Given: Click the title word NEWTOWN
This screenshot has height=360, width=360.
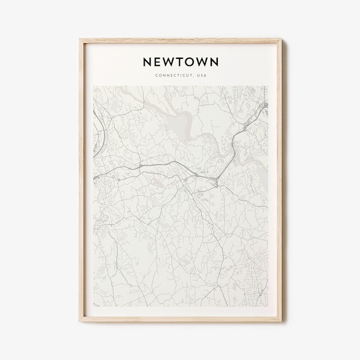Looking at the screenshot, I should [x=179, y=61].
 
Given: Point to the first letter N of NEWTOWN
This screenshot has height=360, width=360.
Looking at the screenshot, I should [x=146, y=61].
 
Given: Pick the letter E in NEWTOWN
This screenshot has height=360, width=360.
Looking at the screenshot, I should [x=157, y=61].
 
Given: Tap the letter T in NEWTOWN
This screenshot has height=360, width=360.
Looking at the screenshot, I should [x=180, y=61].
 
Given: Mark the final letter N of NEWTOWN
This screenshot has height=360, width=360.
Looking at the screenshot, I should [x=214, y=61].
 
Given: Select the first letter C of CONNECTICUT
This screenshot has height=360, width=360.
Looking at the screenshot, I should [x=155, y=75].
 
